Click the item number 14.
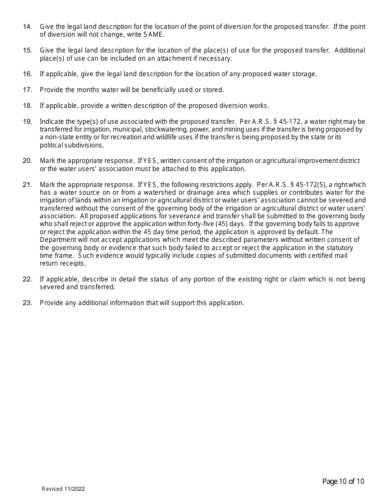pyautogui.click(x=27, y=27)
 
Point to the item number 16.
pyautogui.click(x=27, y=74)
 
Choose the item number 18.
pyautogui.click(x=27, y=106)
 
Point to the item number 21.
pyautogui.click(x=27, y=185)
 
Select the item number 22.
pyautogui.click(x=27, y=279)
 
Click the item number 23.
pyautogui.click(x=27, y=303)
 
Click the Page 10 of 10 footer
pyautogui.click(x=343, y=482)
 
